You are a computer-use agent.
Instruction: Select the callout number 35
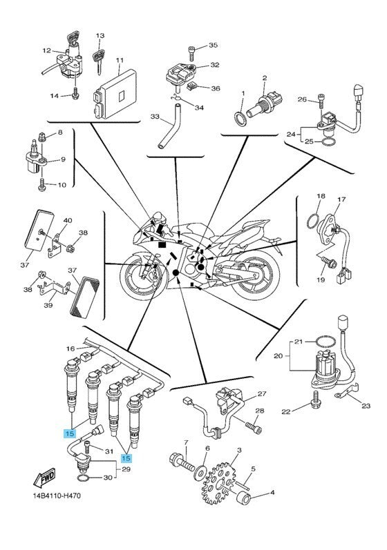click(213, 46)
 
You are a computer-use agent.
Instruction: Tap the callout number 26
click(301, 99)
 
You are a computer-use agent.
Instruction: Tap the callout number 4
click(272, 493)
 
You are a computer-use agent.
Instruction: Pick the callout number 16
click(70, 349)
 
